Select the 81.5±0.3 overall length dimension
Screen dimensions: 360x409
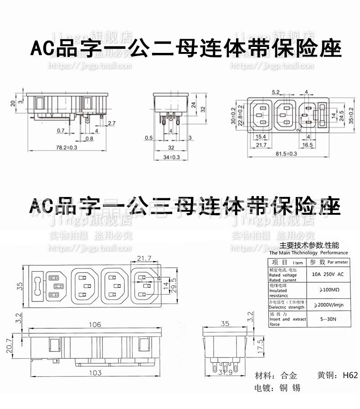pos(286,154)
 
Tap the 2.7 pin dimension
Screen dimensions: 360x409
pos(111,123)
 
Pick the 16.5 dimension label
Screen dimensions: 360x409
pos(308,145)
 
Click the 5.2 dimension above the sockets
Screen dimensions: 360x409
pos(276,92)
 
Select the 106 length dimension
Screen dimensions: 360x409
pos(95,325)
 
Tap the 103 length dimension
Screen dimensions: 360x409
pos(95,373)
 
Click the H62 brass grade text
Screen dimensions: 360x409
pos(350,376)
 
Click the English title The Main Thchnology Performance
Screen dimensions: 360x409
pos(308,253)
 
